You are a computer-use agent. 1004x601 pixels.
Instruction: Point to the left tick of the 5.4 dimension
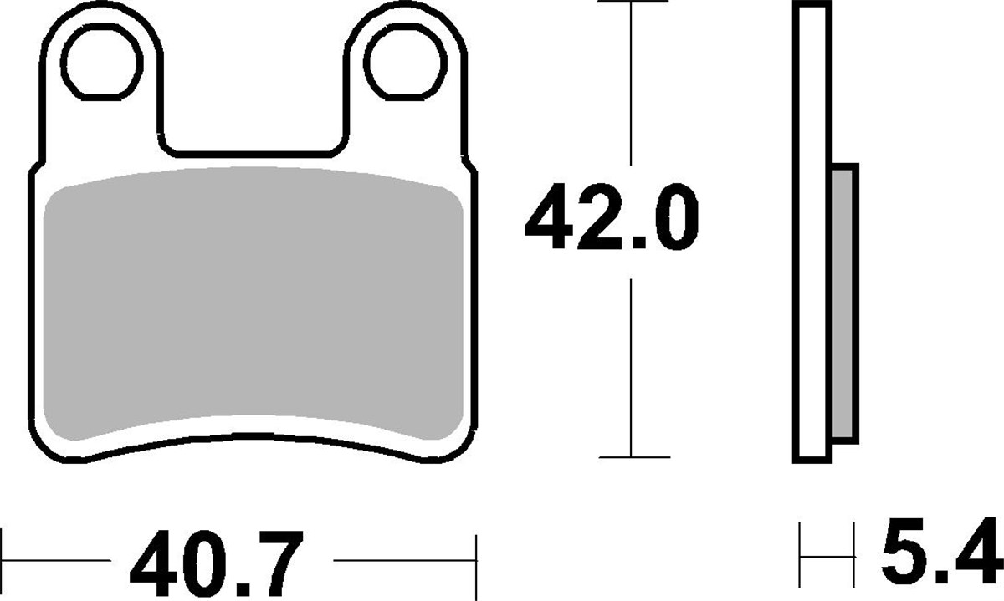802,552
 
